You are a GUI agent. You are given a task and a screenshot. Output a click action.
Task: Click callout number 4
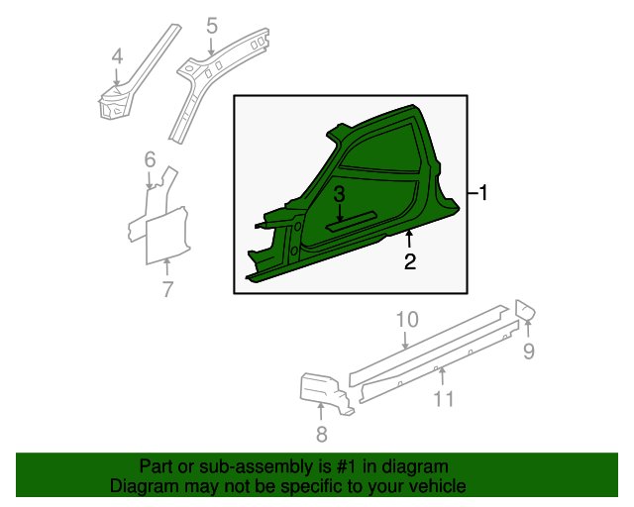coord(117,56)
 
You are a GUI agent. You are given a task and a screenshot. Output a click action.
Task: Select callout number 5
coord(211,26)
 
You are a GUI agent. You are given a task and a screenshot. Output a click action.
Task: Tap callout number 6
coord(150,159)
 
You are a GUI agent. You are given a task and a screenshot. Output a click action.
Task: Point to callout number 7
coord(167,289)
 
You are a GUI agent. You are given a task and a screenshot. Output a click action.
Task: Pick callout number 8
coord(321,435)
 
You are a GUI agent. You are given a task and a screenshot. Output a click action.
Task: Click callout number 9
coord(529,351)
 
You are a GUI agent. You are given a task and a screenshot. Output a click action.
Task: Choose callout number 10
coord(407,320)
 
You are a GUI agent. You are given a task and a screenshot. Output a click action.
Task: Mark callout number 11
coord(444,399)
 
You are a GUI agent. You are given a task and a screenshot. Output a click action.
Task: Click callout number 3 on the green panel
coord(339,194)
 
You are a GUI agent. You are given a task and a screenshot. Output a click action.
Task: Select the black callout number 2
coord(410,261)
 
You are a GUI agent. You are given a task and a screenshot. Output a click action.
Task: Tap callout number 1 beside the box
coord(483,193)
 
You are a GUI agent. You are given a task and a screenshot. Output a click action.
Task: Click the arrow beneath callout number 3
coord(340,213)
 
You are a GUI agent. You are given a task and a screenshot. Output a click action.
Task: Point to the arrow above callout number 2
coord(409,238)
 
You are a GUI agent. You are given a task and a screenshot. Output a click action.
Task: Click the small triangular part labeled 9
coord(524,310)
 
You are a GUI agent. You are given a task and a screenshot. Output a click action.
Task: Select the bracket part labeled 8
coord(326,392)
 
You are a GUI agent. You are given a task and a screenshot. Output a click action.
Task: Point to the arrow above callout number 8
coord(321,412)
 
